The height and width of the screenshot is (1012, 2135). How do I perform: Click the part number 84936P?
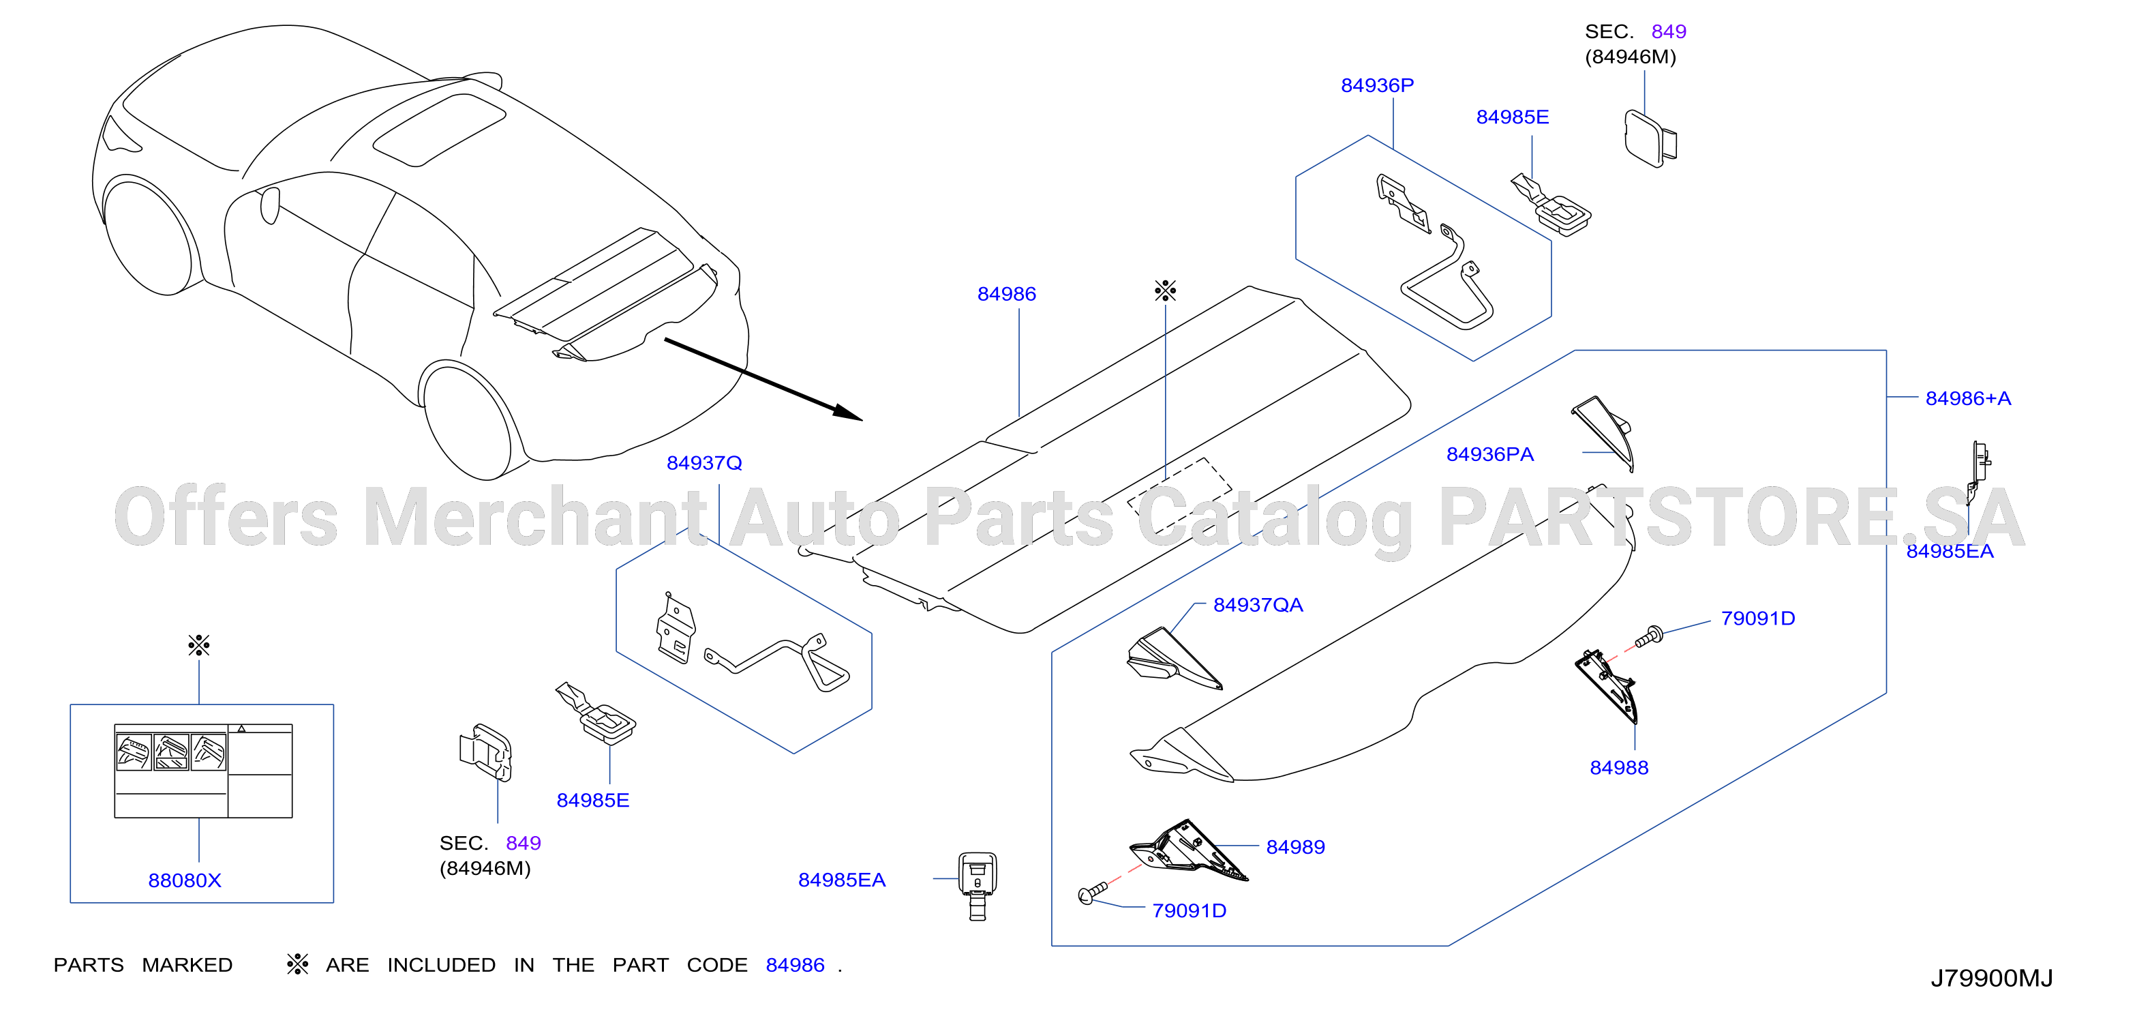[1377, 85]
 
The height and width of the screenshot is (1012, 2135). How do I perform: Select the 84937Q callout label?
[703, 463]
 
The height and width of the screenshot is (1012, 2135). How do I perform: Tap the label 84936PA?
[1489, 454]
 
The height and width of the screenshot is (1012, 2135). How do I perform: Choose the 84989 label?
[1294, 847]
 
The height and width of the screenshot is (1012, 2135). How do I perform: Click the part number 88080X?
[184, 880]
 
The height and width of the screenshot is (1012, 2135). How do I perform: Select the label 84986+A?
[1967, 399]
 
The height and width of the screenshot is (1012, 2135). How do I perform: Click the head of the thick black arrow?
[850, 413]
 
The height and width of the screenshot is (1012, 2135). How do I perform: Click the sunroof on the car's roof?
[439, 130]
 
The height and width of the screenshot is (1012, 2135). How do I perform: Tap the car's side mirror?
[270, 205]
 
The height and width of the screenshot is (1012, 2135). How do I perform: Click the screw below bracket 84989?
[1091, 893]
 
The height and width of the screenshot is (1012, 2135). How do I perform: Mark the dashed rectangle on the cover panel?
[1179, 496]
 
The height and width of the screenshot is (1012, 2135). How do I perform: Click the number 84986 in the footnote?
[795, 965]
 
